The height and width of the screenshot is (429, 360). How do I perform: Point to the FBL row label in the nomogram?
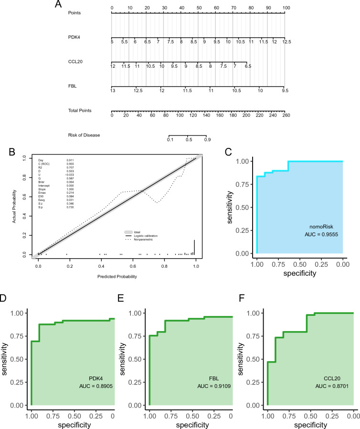tap(73, 86)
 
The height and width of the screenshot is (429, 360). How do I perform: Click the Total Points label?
tap(80, 111)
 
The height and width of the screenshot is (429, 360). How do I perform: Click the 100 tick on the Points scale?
tap(286, 8)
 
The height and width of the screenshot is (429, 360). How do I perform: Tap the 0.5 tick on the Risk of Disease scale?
tap(188, 140)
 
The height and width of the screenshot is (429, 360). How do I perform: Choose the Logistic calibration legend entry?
tap(146, 236)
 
